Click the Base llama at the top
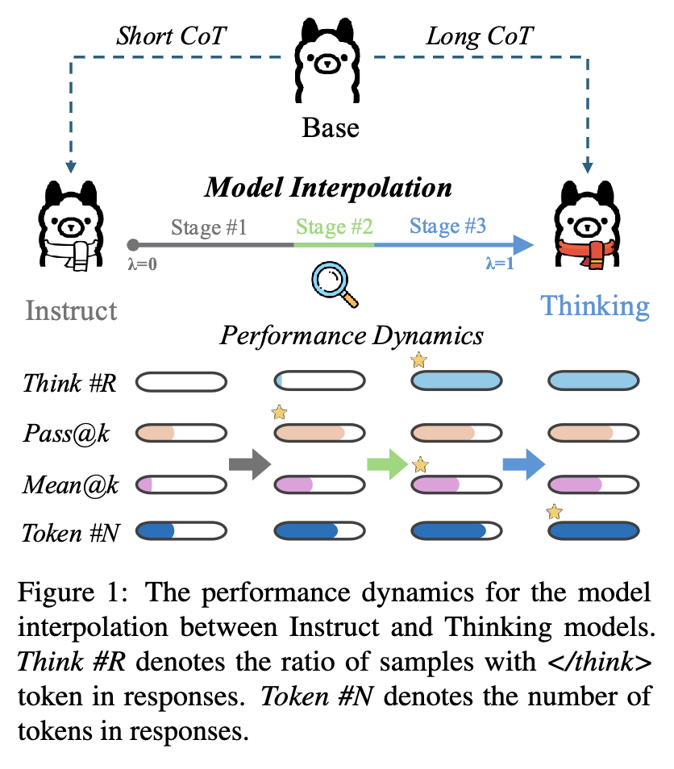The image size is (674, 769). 327,60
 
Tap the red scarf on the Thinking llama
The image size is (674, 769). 587,252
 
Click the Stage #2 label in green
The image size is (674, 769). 334,227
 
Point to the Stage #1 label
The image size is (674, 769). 209,227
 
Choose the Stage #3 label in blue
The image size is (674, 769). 447,226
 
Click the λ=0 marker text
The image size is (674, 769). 142,264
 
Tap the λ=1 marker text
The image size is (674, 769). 500,264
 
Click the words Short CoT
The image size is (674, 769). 171,35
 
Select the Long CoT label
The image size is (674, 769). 479,36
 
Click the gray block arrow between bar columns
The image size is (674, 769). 250,464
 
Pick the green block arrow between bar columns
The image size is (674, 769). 388,464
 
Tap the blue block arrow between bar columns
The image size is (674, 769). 524,464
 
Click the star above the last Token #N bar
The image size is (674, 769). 555,512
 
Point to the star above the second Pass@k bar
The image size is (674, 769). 279,412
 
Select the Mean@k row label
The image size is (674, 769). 71,485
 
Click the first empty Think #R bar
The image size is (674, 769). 181,382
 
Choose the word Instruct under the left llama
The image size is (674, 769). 71,310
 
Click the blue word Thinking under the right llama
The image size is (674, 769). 595,306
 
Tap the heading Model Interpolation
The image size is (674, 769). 328,187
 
